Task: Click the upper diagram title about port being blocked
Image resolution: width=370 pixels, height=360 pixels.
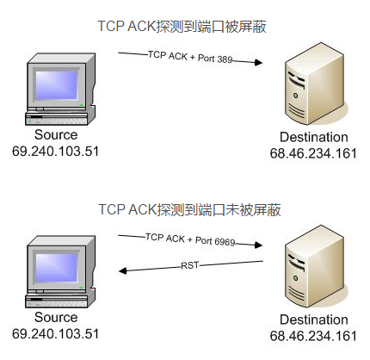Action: point(182,27)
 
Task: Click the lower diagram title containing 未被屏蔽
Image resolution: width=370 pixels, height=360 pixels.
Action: point(189,209)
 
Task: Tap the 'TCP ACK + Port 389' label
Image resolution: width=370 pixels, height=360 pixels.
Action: point(190,57)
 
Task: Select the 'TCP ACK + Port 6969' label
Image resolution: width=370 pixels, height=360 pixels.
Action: point(190,239)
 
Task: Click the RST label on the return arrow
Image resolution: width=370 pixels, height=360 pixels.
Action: point(189,265)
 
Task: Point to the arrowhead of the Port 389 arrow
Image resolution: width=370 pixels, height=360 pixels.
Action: point(259,62)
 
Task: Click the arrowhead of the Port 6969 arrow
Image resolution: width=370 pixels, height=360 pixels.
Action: point(259,245)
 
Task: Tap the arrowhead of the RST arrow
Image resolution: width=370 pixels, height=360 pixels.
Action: point(123,270)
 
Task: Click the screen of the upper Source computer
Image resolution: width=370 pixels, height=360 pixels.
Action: point(57,85)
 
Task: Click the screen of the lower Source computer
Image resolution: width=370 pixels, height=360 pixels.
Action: point(57,268)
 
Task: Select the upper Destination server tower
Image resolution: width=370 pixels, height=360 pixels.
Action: point(314,84)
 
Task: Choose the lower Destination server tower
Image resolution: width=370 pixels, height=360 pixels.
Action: point(314,266)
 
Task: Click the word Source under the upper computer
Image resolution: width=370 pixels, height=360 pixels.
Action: point(56,134)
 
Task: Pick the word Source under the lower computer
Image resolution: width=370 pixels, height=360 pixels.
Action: point(56,317)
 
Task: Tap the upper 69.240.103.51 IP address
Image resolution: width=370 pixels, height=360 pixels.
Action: point(55,152)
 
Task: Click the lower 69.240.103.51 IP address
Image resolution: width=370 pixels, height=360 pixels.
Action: point(55,334)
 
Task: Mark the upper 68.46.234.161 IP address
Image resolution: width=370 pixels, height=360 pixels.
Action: point(313,153)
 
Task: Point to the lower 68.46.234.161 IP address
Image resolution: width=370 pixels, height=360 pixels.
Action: point(313,336)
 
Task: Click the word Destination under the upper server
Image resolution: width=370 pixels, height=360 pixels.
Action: point(314,137)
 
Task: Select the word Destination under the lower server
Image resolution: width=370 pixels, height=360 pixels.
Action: point(314,320)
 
